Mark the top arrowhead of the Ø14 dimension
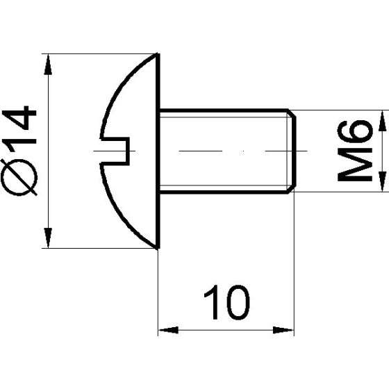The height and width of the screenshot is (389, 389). (48, 63)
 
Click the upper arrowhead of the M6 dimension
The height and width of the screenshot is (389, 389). (381, 118)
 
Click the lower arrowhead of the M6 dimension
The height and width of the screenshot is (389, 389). (381, 182)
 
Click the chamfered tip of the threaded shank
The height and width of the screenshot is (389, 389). (290, 150)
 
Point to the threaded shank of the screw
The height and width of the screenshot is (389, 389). (222, 150)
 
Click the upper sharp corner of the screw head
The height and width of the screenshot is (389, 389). (158, 56)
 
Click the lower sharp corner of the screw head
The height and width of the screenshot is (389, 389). (158, 245)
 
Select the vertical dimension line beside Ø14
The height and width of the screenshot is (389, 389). (48, 150)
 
